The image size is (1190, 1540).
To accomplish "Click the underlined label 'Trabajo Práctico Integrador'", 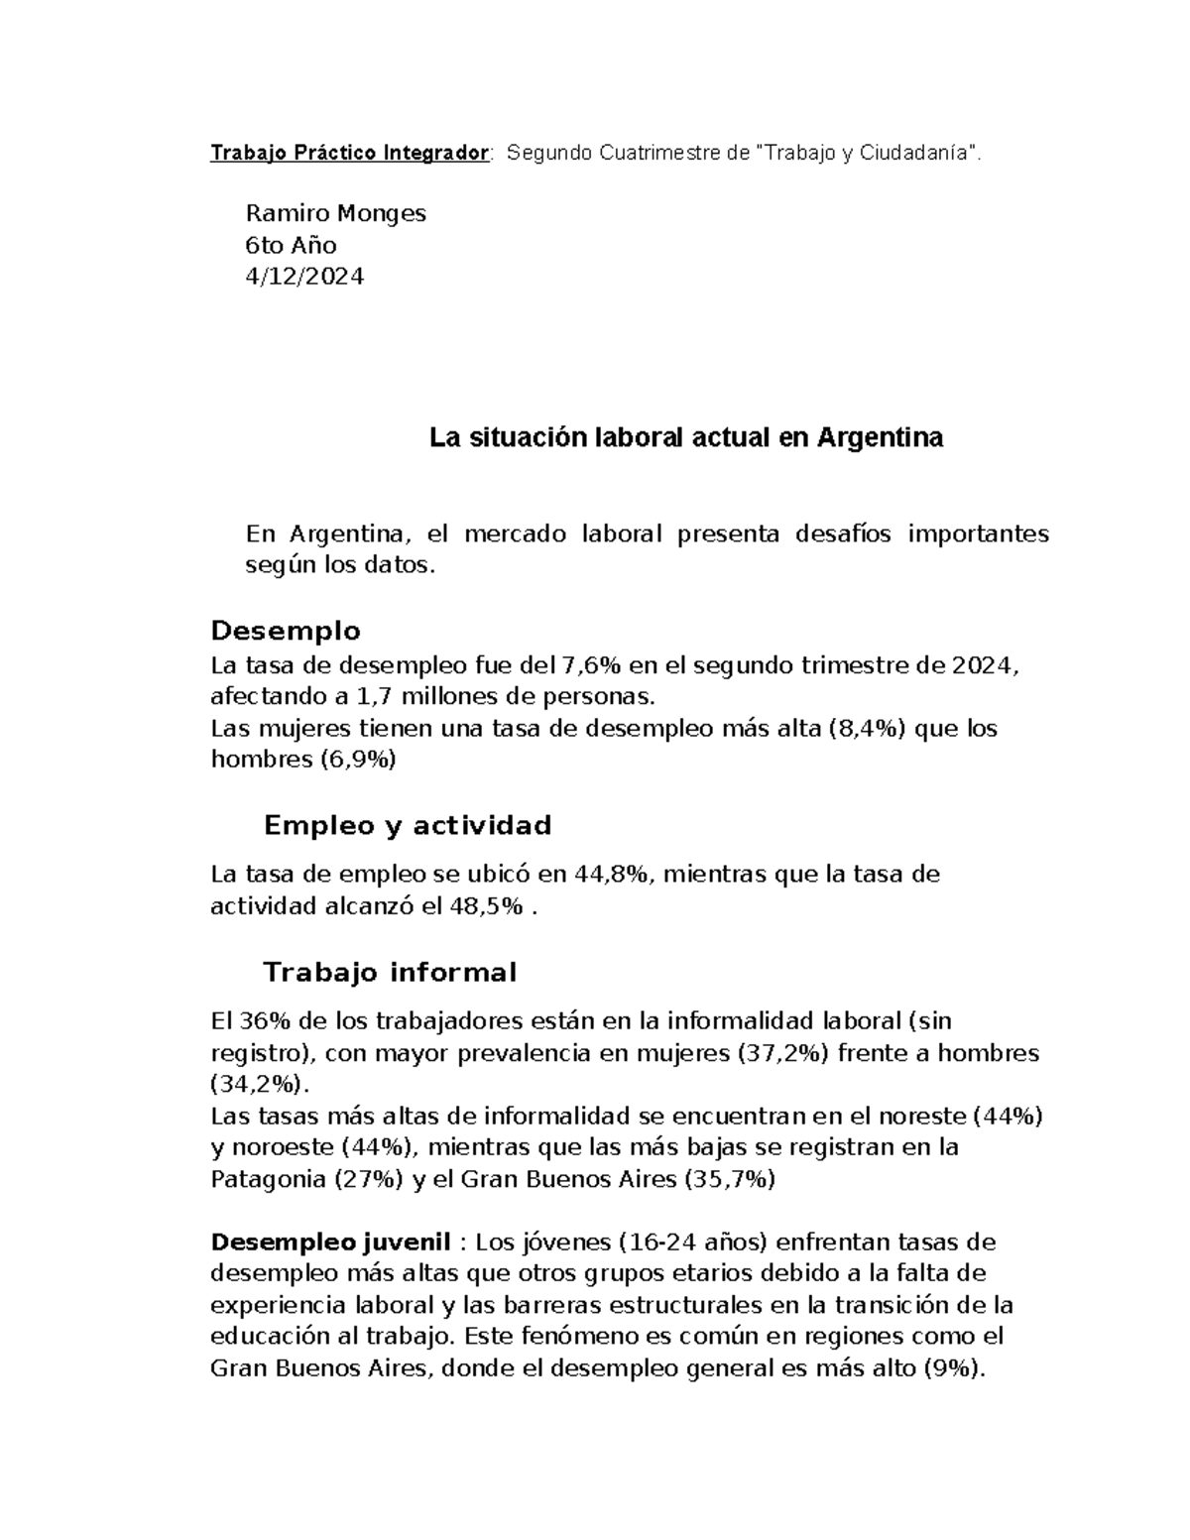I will [x=349, y=153].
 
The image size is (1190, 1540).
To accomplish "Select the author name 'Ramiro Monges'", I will [x=335, y=213].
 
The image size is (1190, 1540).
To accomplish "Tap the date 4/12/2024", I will [x=304, y=277].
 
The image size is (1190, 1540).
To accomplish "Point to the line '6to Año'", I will [x=291, y=245].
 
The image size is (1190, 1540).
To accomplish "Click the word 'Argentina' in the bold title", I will [x=880, y=437].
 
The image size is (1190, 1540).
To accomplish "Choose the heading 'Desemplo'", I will [x=286, y=631].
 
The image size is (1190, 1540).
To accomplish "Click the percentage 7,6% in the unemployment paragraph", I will [x=591, y=664].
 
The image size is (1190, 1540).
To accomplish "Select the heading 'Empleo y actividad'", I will [x=407, y=825].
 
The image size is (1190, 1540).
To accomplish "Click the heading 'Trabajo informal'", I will [x=389, y=972].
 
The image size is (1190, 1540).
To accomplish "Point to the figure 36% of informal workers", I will [x=255, y=1021].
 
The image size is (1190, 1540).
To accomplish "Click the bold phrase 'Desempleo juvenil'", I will [x=331, y=1243].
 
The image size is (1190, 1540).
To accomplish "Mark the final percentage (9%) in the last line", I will [x=954, y=1369].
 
